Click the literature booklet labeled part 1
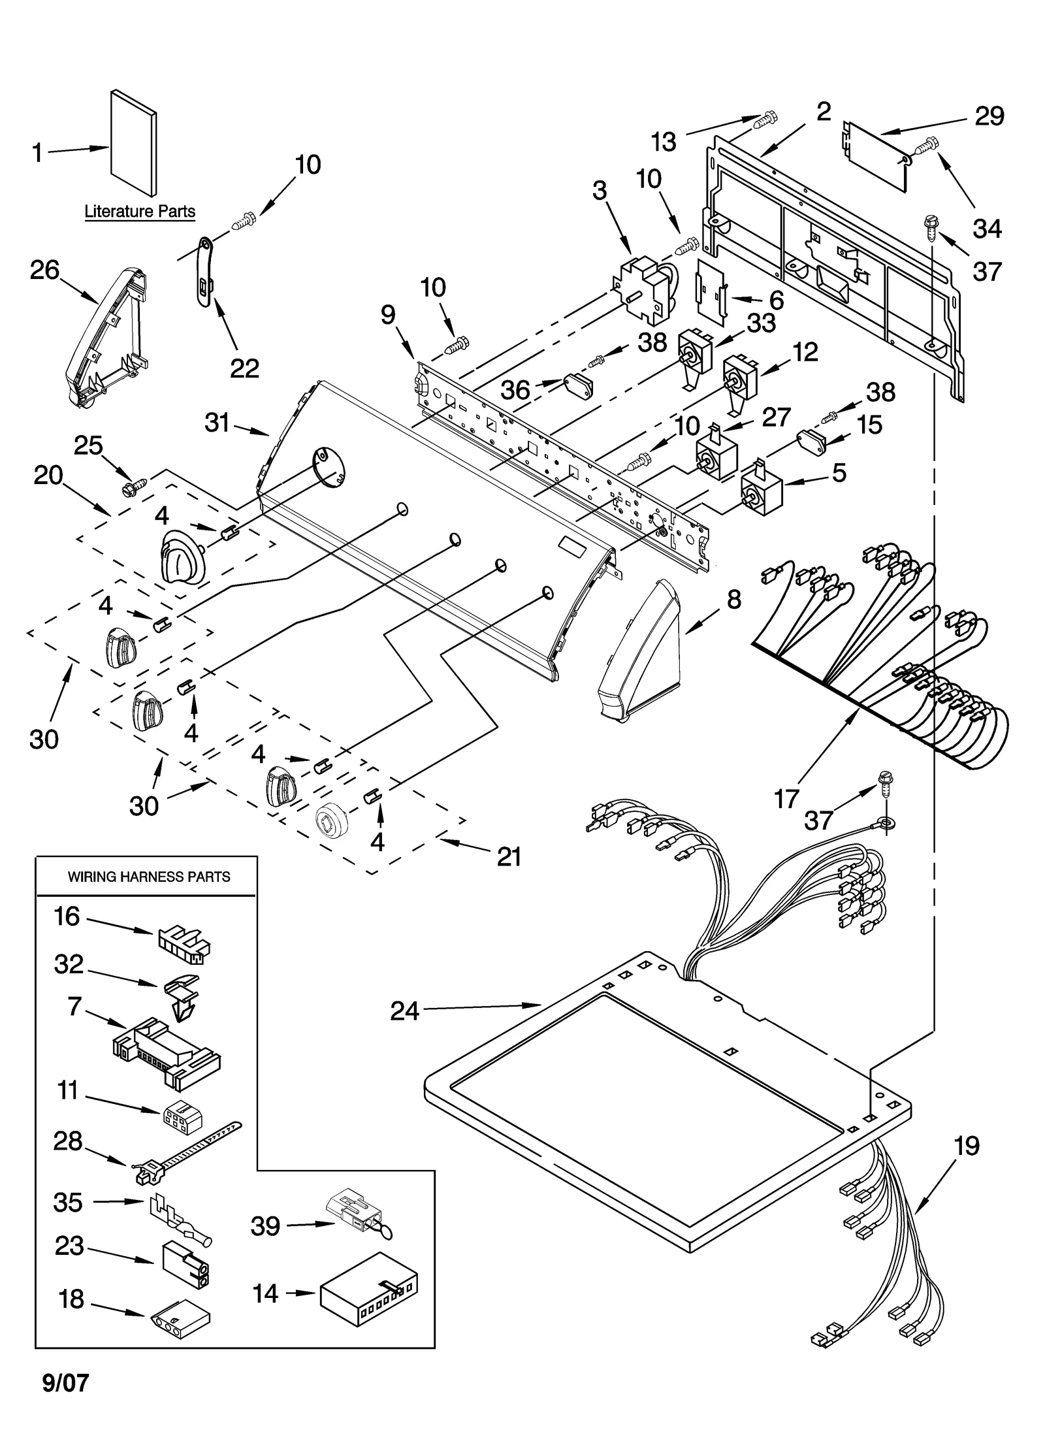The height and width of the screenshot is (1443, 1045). click(134, 142)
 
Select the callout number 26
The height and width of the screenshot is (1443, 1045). click(44, 270)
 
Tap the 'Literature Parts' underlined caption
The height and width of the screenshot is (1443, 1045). click(140, 212)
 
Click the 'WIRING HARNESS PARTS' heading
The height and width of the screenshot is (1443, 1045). click(149, 877)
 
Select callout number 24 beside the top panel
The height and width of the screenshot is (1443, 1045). click(404, 1012)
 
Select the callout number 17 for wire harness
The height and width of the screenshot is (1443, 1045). click(786, 798)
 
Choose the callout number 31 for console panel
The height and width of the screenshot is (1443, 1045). click(217, 423)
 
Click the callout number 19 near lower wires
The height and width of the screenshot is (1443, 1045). click(967, 1146)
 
